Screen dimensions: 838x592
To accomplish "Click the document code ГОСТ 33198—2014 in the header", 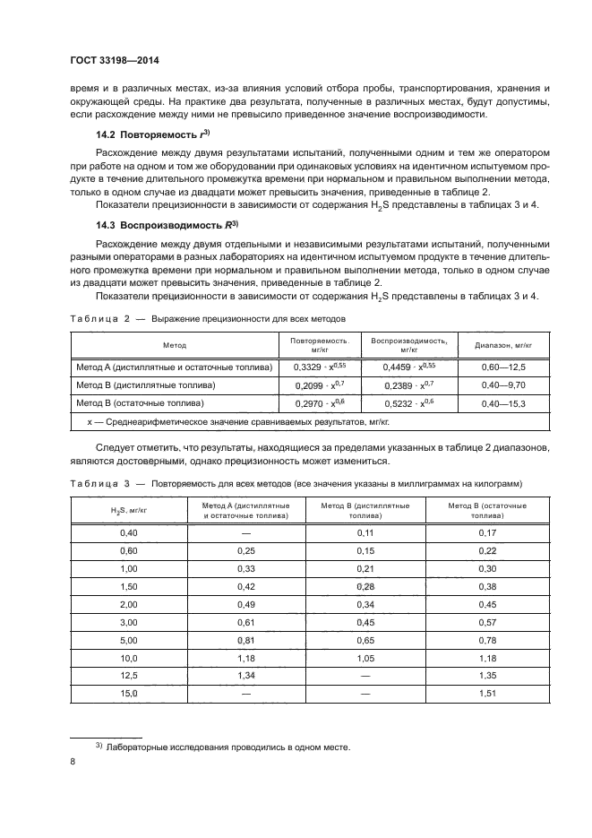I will click(110, 62).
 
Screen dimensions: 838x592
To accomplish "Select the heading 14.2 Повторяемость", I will click(151, 134).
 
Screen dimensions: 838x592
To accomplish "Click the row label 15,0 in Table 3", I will click(127, 694).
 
